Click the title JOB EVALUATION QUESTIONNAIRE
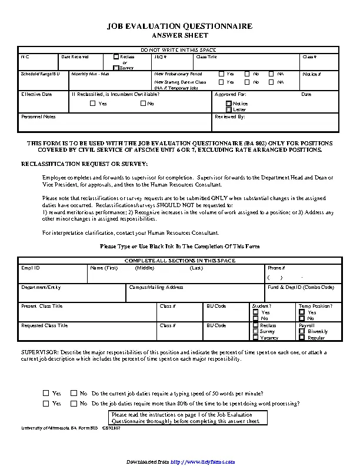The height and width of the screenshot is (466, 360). tap(179, 26)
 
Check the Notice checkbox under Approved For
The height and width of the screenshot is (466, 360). tap(229, 104)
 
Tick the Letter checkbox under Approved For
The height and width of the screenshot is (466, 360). tap(229, 109)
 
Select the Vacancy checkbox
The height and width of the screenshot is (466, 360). tap(255, 338)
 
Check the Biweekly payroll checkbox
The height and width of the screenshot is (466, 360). tap(302, 331)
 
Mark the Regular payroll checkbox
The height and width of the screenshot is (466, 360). tap(302, 338)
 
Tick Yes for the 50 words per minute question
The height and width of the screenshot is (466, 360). tap(46, 393)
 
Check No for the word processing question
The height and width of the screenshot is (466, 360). tap(74, 404)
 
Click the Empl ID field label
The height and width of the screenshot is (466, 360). tap(31, 268)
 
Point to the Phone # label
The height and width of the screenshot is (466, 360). tap(276, 268)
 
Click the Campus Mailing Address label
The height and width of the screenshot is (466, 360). tap(156, 287)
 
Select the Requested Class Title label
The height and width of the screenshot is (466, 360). tap(44, 325)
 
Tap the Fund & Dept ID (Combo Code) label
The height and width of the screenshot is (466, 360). tap(301, 287)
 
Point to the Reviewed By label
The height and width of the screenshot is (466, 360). tap(229, 116)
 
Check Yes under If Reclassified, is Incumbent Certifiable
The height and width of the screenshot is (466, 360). tap(92, 104)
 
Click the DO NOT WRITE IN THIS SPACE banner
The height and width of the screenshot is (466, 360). tap(179, 50)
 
